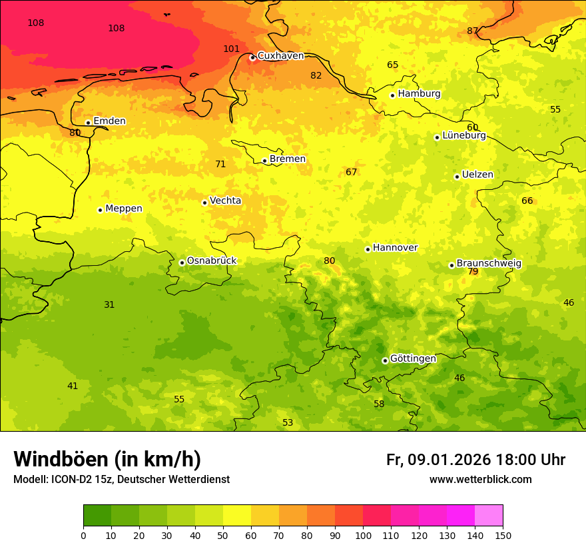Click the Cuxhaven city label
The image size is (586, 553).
[280, 56]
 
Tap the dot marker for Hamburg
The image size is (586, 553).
[392, 95]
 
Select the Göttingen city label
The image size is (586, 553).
[412, 358]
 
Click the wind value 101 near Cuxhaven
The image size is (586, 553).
[231, 49]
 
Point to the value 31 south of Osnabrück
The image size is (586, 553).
[109, 304]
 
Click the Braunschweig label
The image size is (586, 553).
[489, 263]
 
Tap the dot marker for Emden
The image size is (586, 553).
[88, 123]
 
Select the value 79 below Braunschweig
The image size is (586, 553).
[473, 271]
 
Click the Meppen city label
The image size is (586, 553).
[123, 209]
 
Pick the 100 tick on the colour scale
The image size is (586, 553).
[363, 534]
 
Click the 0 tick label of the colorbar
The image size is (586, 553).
[83, 534]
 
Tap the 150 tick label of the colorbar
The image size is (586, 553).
[503, 534]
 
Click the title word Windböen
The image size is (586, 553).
[61, 459]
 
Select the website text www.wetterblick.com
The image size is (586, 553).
[480, 479]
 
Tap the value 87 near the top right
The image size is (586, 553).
[472, 31]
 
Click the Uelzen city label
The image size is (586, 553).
[477, 175]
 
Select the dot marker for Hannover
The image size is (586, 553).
[368, 249]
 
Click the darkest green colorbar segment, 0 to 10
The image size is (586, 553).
[97, 515]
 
